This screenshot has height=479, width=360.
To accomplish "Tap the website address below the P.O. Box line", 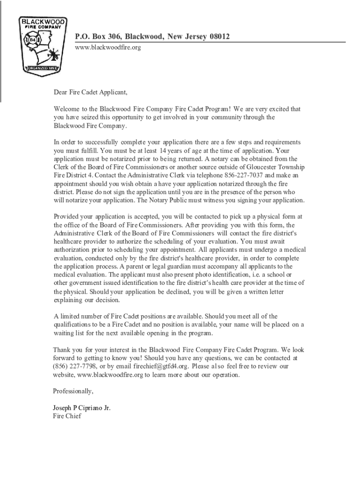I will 108,48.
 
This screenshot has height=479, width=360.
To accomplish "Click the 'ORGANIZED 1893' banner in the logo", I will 42,67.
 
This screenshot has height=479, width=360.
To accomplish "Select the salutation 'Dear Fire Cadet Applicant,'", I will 90,92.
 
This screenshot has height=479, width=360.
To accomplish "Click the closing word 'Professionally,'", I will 73,391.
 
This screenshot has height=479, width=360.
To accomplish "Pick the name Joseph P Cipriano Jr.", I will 82,408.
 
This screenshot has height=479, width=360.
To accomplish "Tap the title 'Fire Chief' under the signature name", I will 67,416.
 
